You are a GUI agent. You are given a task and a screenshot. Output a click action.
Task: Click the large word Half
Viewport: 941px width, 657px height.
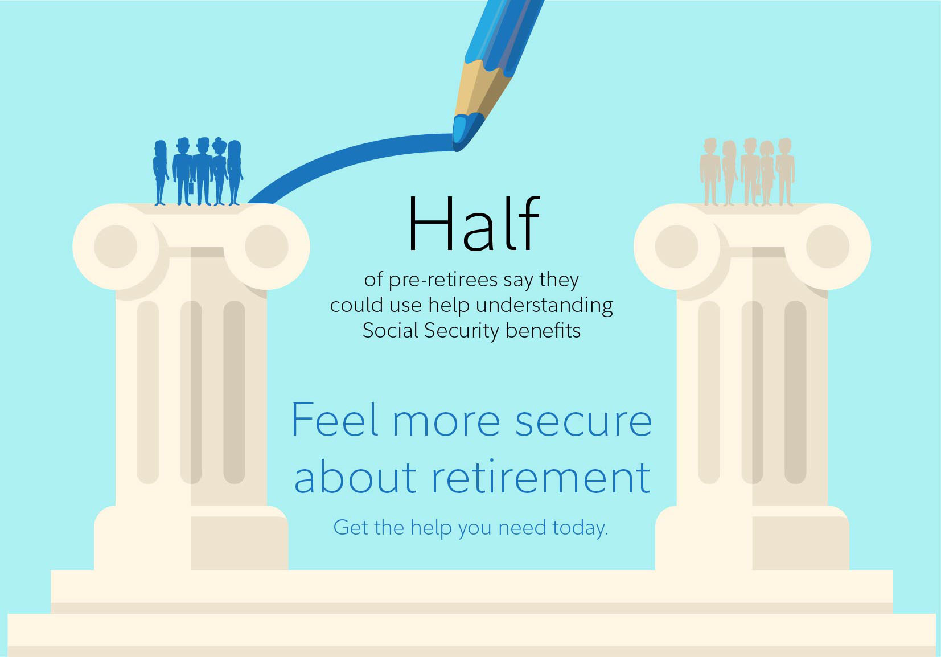click(x=474, y=224)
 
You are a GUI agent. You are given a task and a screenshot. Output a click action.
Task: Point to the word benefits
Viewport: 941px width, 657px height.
click(x=543, y=330)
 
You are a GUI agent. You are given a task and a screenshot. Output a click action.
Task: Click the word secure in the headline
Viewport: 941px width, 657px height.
click(x=583, y=422)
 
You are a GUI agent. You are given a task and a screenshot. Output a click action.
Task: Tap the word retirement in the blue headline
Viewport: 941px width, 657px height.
click(x=541, y=478)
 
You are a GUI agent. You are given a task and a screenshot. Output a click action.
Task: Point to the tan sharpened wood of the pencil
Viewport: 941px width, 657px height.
click(x=483, y=91)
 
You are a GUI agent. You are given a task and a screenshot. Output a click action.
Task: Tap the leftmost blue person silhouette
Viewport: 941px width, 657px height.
click(x=161, y=173)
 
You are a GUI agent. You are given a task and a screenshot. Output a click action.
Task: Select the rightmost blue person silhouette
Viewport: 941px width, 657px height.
click(x=235, y=173)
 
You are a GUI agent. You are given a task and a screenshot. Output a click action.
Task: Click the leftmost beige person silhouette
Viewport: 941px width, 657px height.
click(x=709, y=171)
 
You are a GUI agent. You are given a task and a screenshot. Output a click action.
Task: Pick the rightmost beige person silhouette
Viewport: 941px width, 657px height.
click(x=784, y=171)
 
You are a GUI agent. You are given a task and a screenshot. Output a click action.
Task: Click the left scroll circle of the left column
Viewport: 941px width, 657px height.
click(x=116, y=247)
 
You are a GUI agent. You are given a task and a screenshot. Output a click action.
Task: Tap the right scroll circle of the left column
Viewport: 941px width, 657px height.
click(x=266, y=247)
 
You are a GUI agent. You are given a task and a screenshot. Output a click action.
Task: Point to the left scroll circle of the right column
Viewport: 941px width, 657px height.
click(x=677, y=247)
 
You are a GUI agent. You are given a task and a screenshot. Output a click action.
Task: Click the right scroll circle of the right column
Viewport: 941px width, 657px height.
click(x=828, y=247)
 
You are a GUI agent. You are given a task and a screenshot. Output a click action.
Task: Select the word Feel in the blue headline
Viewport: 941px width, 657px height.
click(x=335, y=420)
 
